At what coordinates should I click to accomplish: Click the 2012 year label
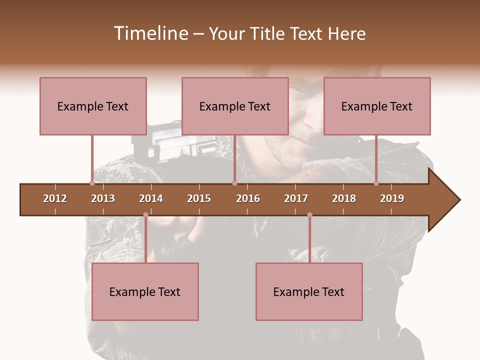(x=55, y=198)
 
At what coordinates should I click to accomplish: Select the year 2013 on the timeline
(x=103, y=198)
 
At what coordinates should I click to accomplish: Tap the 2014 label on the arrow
(x=151, y=198)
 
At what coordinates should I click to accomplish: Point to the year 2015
(x=199, y=198)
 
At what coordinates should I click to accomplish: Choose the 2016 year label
(x=248, y=198)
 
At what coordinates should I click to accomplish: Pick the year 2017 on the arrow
(x=296, y=198)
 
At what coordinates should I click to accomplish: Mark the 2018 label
(x=344, y=198)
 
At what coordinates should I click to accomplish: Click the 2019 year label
(x=392, y=198)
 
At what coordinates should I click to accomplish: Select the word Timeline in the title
(x=150, y=33)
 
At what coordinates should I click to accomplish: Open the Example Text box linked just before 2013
(x=93, y=106)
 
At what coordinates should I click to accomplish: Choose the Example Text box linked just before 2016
(x=235, y=106)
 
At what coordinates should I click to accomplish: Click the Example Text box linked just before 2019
(x=377, y=106)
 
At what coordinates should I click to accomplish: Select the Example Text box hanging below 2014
(x=145, y=291)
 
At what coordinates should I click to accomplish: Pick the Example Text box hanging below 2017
(x=309, y=291)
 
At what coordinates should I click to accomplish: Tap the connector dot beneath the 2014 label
(x=145, y=215)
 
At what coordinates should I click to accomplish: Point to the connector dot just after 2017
(x=309, y=215)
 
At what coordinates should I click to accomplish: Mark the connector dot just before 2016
(x=234, y=183)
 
